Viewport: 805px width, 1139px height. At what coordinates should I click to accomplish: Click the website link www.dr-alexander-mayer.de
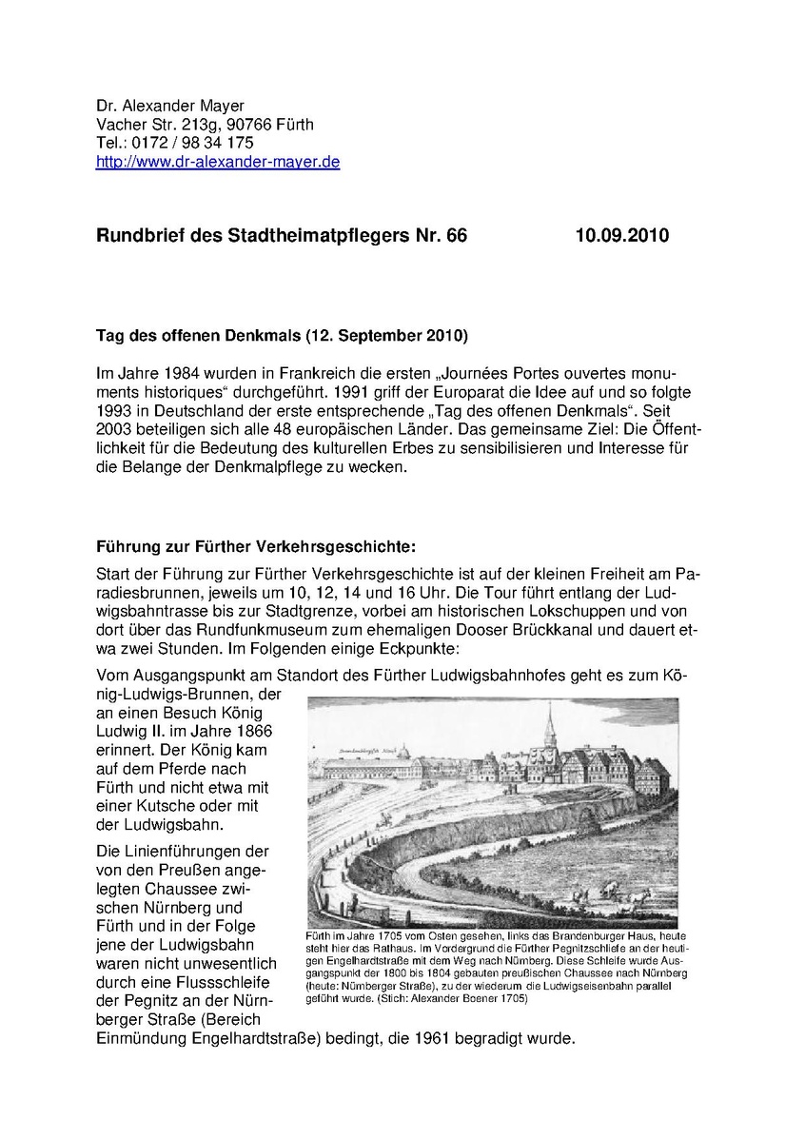point(218,162)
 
